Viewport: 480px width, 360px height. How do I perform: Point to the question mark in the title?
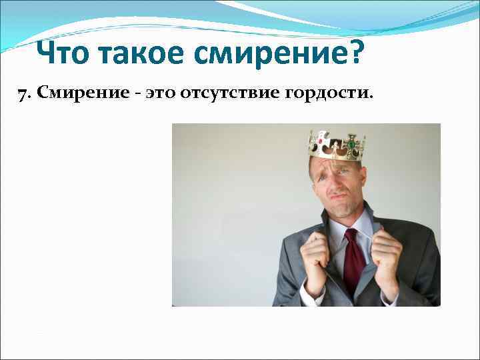356,53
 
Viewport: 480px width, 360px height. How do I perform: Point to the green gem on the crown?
351,143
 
